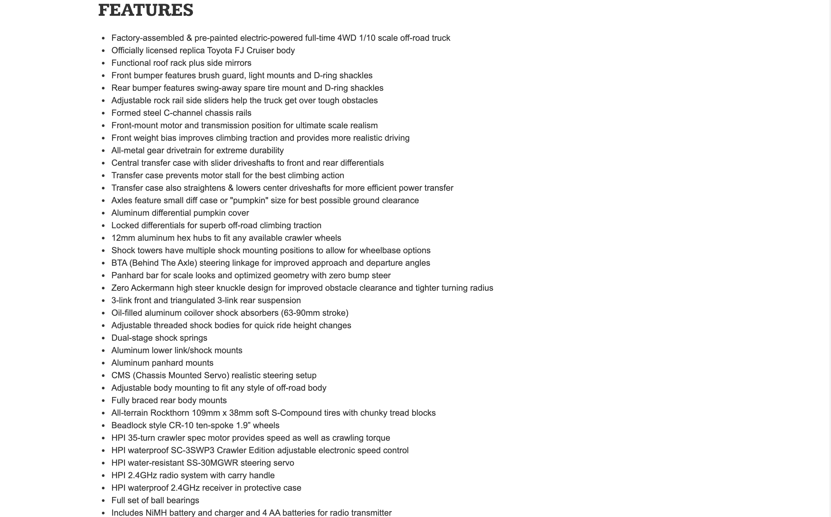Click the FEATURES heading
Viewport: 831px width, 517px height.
point(146,10)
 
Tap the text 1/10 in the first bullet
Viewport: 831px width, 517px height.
point(367,38)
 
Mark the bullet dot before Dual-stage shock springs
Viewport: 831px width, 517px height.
point(103,338)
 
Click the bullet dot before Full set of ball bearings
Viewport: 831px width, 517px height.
point(103,501)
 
